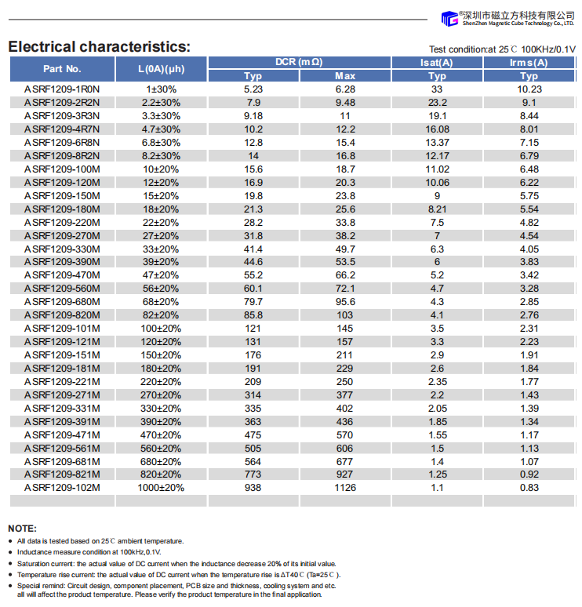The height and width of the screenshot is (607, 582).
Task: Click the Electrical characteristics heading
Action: (x=99, y=46)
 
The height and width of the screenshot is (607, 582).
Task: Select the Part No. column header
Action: (x=62, y=69)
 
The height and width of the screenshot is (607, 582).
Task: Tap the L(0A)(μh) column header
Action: (x=161, y=69)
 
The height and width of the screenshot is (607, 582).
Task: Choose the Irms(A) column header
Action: (x=529, y=63)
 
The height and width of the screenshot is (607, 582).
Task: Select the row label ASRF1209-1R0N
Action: (x=62, y=89)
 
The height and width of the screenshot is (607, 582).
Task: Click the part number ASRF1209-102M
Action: (x=62, y=488)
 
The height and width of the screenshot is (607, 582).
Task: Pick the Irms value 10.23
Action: (x=529, y=89)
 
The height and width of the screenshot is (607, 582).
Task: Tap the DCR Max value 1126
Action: (x=345, y=488)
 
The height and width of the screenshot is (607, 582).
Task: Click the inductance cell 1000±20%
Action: (x=161, y=488)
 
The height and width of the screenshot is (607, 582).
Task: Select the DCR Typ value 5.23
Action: (x=253, y=89)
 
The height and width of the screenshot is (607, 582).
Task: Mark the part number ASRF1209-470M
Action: (x=62, y=275)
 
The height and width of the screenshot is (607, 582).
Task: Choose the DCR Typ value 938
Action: (x=253, y=488)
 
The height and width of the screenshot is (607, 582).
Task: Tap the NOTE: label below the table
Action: (x=22, y=529)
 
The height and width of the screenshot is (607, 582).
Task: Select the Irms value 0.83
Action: (x=529, y=488)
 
